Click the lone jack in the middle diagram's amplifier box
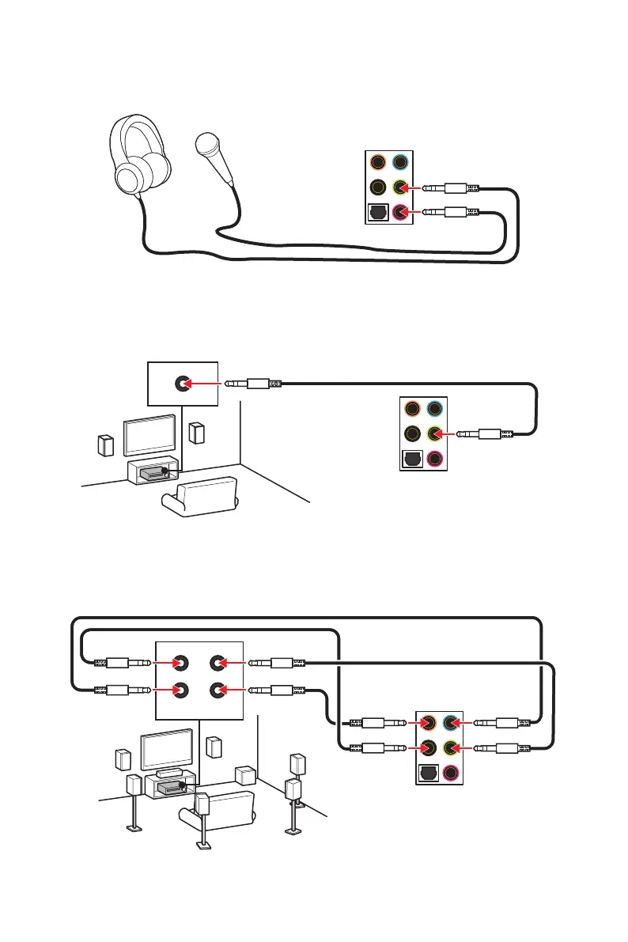click(182, 384)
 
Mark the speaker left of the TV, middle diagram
click(106, 445)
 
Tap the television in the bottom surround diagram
click(165, 747)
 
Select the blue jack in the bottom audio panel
click(452, 721)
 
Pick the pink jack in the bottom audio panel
click(452, 772)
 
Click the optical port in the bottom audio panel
click(428, 771)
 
